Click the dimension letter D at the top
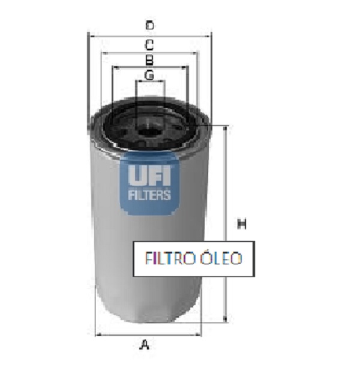(149, 25)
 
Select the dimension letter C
(149, 45)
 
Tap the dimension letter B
(149, 60)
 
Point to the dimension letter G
(149, 74)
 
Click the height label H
(242, 223)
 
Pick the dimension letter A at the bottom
(145, 345)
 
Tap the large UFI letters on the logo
(149, 175)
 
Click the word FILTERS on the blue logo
(149, 195)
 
